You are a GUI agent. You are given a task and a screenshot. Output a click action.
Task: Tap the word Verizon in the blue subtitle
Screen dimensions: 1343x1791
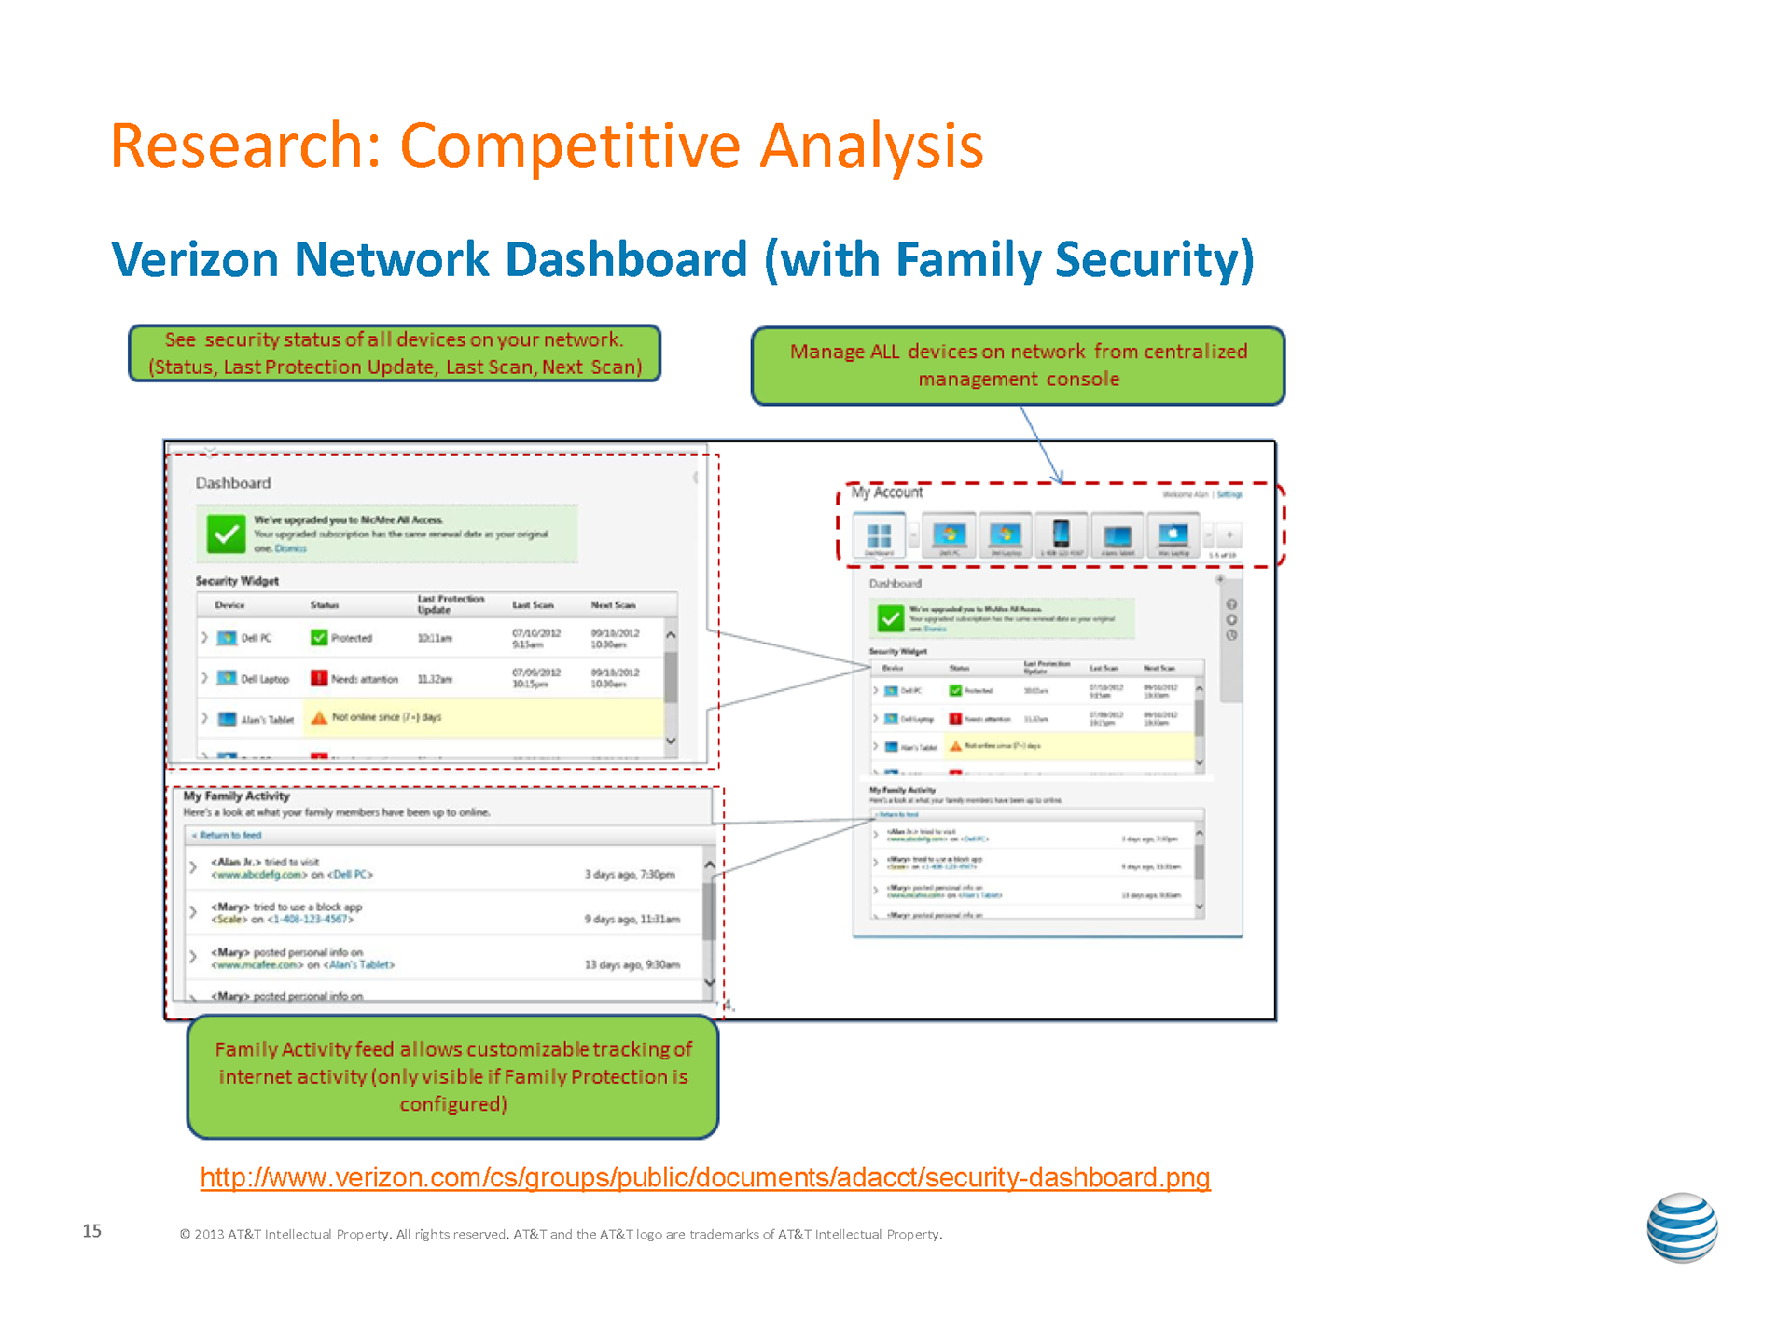[x=194, y=259]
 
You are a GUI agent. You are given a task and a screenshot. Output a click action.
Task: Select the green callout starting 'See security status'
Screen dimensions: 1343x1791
[x=394, y=353]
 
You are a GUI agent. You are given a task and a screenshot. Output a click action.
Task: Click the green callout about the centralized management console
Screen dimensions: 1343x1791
[x=1018, y=366]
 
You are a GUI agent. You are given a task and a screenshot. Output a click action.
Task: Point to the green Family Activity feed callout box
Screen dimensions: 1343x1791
[x=453, y=1076]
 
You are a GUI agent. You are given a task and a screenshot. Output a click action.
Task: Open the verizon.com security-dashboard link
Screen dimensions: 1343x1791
[x=705, y=1178]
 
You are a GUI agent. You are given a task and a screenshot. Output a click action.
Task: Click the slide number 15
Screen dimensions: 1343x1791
[x=91, y=1231]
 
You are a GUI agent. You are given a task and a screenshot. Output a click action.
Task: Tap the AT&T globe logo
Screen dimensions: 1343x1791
[x=1682, y=1227]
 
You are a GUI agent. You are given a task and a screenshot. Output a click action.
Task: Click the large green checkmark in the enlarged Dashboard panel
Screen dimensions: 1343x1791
[x=225, y=534]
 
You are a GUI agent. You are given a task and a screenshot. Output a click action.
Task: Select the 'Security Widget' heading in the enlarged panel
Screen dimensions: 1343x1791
[x=237, y=581]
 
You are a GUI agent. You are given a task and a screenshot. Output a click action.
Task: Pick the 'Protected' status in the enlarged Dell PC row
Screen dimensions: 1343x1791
[x=351, y=639]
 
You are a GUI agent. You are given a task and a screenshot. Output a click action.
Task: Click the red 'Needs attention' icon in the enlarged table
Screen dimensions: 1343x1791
[x=319, y=678]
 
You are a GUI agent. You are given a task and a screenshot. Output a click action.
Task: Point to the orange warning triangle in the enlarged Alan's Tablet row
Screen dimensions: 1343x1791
[x=319, y=717]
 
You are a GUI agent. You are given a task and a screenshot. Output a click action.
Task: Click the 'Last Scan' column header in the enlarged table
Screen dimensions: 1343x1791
[x=533, y=605]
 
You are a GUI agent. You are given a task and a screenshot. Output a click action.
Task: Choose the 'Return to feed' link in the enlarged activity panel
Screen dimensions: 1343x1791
[x=229, y=836]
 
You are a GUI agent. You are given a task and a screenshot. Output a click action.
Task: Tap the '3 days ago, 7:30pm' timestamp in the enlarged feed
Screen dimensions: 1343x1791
[x=630, y=875]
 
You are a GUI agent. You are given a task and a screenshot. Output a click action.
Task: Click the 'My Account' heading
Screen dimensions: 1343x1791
[x=887, y=492]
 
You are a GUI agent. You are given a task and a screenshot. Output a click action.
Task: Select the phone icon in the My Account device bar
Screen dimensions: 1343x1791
[x=1061, y=534]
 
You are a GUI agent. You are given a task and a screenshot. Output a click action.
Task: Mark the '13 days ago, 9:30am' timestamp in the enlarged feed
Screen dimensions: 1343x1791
[x=632, y=965]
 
